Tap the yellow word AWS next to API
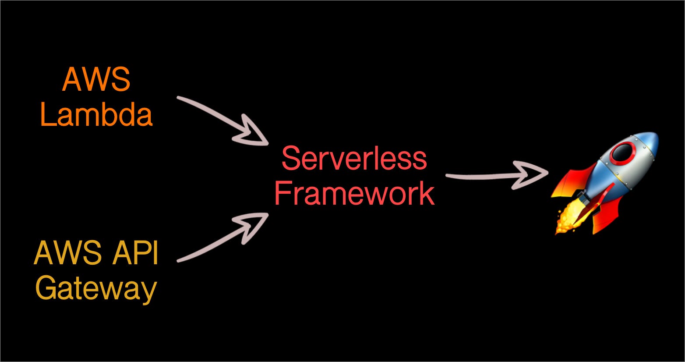pos(67,252)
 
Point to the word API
pos(135,252)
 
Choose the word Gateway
pos(96,289)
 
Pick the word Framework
pos(354,193)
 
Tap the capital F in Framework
pos(283,193)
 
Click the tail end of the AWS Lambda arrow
pos(179,98)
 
